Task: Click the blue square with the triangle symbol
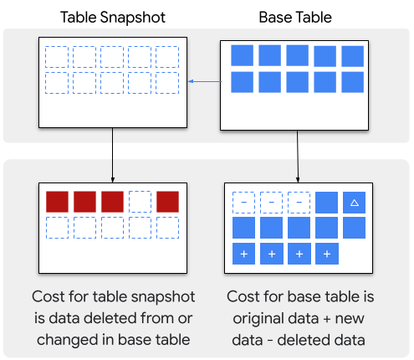pos(353,202)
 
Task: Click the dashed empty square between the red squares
pos(141,202)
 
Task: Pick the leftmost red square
pos(57,202)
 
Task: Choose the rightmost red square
pos(167,202)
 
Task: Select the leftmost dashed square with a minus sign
pos(243,202)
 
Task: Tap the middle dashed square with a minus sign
pos(271,202)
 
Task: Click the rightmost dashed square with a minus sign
pos(299,202)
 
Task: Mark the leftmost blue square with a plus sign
pos(243,254)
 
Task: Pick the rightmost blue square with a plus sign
pos(326,254)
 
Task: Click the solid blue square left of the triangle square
pos(326,202)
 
